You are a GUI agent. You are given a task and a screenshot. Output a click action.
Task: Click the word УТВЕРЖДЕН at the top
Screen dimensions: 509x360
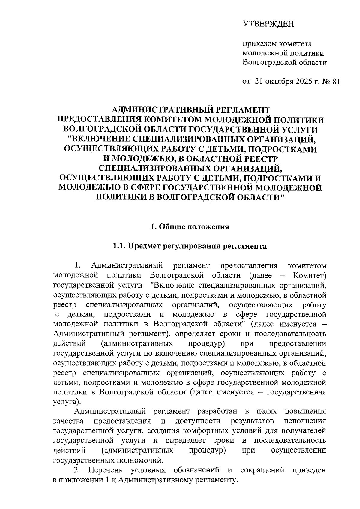click(x=268, y=24)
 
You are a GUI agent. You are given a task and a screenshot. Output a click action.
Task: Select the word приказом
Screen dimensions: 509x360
click(x=260, y=44)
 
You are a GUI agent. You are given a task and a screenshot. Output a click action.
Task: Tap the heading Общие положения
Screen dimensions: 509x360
click(x=194, y=227)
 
